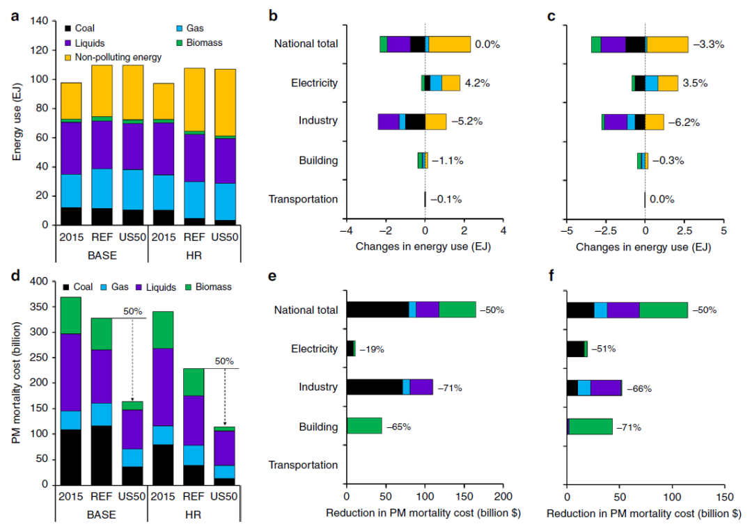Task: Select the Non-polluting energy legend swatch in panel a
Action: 68,56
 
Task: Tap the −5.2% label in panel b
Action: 467,121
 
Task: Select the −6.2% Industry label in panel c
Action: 684,122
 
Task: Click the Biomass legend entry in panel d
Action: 212,287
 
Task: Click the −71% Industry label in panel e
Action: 450,388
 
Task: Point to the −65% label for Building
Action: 398,427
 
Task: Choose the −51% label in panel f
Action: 604,349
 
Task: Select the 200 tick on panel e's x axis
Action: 503,498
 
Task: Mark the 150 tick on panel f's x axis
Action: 724,498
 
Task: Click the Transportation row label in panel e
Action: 304,465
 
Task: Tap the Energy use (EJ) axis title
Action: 17,122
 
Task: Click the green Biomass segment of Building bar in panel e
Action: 364,426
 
